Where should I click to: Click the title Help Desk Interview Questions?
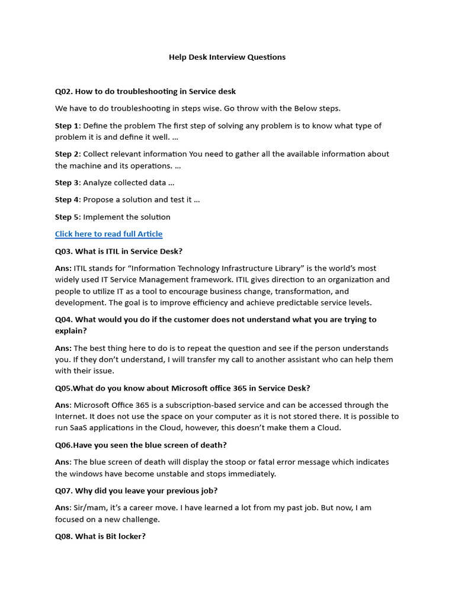coord(227,57)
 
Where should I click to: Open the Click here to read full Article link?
coord(108,234)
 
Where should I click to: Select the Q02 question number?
coord(63,91)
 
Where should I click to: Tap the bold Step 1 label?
coord(66,125)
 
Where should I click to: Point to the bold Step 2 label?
coord(66,154)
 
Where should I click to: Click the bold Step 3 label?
coord(66,183)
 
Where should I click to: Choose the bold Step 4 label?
coord(66,199)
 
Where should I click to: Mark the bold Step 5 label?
coord(66,217)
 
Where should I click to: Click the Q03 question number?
coord(63,251)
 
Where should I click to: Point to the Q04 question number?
coord(63,320)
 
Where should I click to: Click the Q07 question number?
coord(63,491)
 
